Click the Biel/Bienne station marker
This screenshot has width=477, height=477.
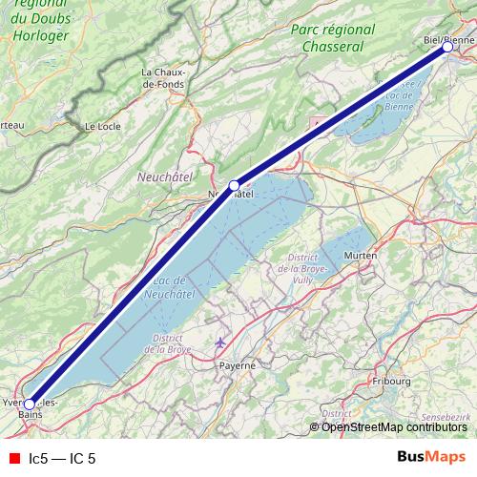click(x=446, y=46)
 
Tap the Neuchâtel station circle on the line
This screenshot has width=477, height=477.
click(x=234, y=185)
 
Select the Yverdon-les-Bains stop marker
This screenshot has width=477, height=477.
click(x=30, y=404)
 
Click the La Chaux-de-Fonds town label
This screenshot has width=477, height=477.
click(x=163, y=78)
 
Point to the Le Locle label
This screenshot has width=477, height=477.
click(x=102, y=125)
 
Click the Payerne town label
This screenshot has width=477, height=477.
click(x=238, y=364)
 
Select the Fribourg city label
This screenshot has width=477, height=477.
click(x=391, y=382)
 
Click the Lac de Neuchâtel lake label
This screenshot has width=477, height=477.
click(x=167, y=287)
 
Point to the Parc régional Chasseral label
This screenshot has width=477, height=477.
click(x=328, y=38)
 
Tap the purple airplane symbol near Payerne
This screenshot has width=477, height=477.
click(x=221, y=342)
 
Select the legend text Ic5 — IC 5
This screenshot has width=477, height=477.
click(x=62, y=459)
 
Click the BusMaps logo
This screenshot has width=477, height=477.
click(x=431, y=458)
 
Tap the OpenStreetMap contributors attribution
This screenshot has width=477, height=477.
click(x=394, y=426)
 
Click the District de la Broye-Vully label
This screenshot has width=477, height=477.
click(x=302, y=270)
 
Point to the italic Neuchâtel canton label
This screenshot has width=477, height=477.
click(x=165, y=176)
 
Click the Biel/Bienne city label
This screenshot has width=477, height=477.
click(x=447, y=39)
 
